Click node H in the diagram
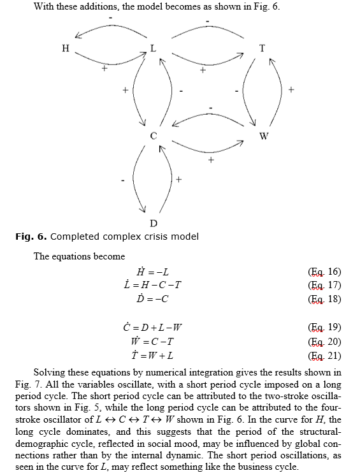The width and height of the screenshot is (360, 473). point(66,48)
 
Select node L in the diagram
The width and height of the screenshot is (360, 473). point(154,48)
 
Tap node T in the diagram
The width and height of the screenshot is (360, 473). point(263,48)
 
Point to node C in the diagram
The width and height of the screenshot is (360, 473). point(154,136)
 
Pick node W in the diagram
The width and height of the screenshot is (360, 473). point(264,136)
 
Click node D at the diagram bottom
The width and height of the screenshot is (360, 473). point(154,224)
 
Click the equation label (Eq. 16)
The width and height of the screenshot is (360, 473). point(324,272)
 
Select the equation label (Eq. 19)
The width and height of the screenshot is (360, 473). point(324,327)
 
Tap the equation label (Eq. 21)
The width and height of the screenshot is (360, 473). point(324,356)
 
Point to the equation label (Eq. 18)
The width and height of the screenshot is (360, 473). point(324,299)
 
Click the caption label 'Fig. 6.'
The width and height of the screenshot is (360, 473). point(31,236)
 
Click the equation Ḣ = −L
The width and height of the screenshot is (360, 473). point(152,272)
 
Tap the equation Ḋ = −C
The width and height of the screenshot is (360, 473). point(152,298)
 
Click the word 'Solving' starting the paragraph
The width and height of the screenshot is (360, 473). point(49,373)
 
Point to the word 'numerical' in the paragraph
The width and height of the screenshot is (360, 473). point(166,372)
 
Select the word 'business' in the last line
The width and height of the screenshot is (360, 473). point(256,467)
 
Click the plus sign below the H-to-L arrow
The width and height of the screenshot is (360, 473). point(104,68)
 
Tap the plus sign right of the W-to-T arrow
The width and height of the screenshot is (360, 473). point(291,90)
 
